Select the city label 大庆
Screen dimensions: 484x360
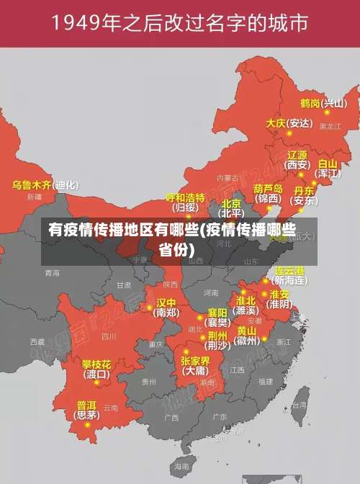pyautogui.click(x=276, y=123)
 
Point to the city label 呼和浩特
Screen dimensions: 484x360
pyautogui.click(x=185, y=197)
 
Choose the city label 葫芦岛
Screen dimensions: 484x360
pyautogui.click(x=268, y=189)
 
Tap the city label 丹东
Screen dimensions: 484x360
pyautogui.click(x=305, y=191)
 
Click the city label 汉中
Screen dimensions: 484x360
pyautogui.click(x=166, y=302)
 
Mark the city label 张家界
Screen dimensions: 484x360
pyautogui.click(x=195, y=361)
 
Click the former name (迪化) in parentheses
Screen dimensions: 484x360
pyautogui.click(x=66, y=184)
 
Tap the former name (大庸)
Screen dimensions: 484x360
pyautogui.click(x=195, y=371)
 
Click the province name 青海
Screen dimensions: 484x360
pyautogui.click(x=52, y=274)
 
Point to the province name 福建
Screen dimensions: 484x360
pyautogui.click(x=266, y=382)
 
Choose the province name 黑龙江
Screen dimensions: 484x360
pyautogui.click(x=330, y=127)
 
